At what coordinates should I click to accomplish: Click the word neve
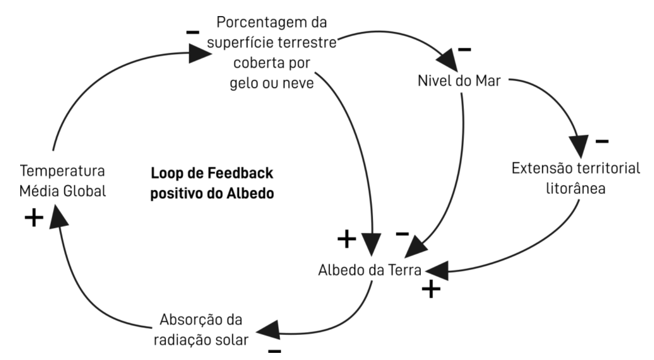tap(292, 84)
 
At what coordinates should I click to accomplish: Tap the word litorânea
tap(576, 189)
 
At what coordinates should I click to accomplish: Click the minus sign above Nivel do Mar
tap(464, 48)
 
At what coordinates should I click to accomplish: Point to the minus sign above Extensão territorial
tap(602, 142)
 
